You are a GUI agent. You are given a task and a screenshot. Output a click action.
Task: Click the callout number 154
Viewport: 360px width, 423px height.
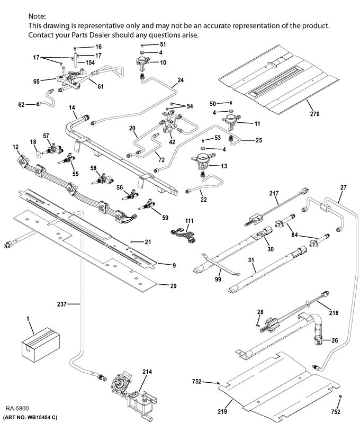[x=90, y=62]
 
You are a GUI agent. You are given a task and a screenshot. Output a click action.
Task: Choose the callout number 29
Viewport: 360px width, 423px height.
[x=173, y=286]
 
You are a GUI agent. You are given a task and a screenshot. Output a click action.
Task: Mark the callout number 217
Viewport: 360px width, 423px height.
[x=274, y=194]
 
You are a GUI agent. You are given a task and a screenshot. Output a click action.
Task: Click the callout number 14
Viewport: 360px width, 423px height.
[x=72, y=107]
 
